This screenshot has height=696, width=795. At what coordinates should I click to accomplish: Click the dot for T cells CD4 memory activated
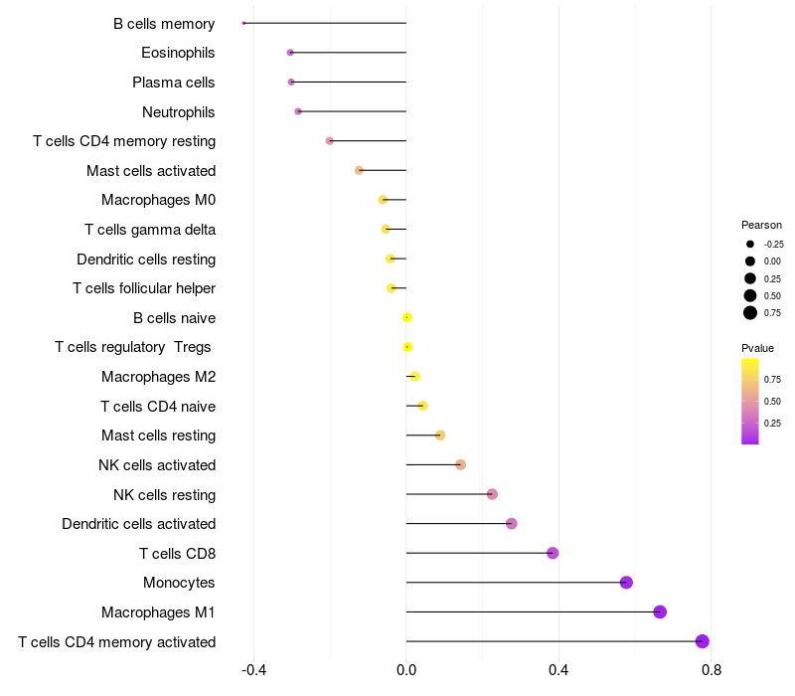[x=703, y=641]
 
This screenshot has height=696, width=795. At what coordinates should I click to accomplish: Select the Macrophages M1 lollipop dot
[x=660, y=611]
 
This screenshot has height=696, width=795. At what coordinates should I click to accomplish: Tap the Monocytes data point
[x=626, y=583]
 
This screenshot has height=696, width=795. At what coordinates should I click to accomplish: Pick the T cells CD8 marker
[x=553, y=553]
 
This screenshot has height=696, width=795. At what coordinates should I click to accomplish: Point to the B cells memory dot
[x=243, y=23]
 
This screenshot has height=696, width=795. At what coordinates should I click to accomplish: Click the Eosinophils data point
[x=290, y=52]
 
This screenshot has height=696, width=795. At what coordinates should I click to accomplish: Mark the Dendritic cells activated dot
[x=512, y=524]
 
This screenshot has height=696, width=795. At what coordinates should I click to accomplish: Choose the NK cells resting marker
[x=492, y=494]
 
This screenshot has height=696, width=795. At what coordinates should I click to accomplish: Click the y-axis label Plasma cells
[x=174, y=82]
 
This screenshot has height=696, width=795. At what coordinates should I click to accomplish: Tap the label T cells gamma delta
[x=150, y=230]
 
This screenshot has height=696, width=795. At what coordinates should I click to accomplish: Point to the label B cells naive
[x=174, y=318]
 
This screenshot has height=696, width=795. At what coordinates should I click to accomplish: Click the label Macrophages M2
[x=159, y=377]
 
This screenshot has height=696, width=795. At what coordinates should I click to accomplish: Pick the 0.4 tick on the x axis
[x=558, y=670]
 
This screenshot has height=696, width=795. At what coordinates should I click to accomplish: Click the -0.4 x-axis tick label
[x=254, y=670]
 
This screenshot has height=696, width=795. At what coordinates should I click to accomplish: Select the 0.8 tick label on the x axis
[x=711, y=670]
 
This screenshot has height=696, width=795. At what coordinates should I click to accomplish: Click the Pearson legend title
[x=761, y=225]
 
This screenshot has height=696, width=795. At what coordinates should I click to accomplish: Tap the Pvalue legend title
[x=757, y=348]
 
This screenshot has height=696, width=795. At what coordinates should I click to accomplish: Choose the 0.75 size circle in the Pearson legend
[x=750, y=313]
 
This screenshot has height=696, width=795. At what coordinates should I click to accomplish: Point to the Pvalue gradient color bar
[x=750, y=401]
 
